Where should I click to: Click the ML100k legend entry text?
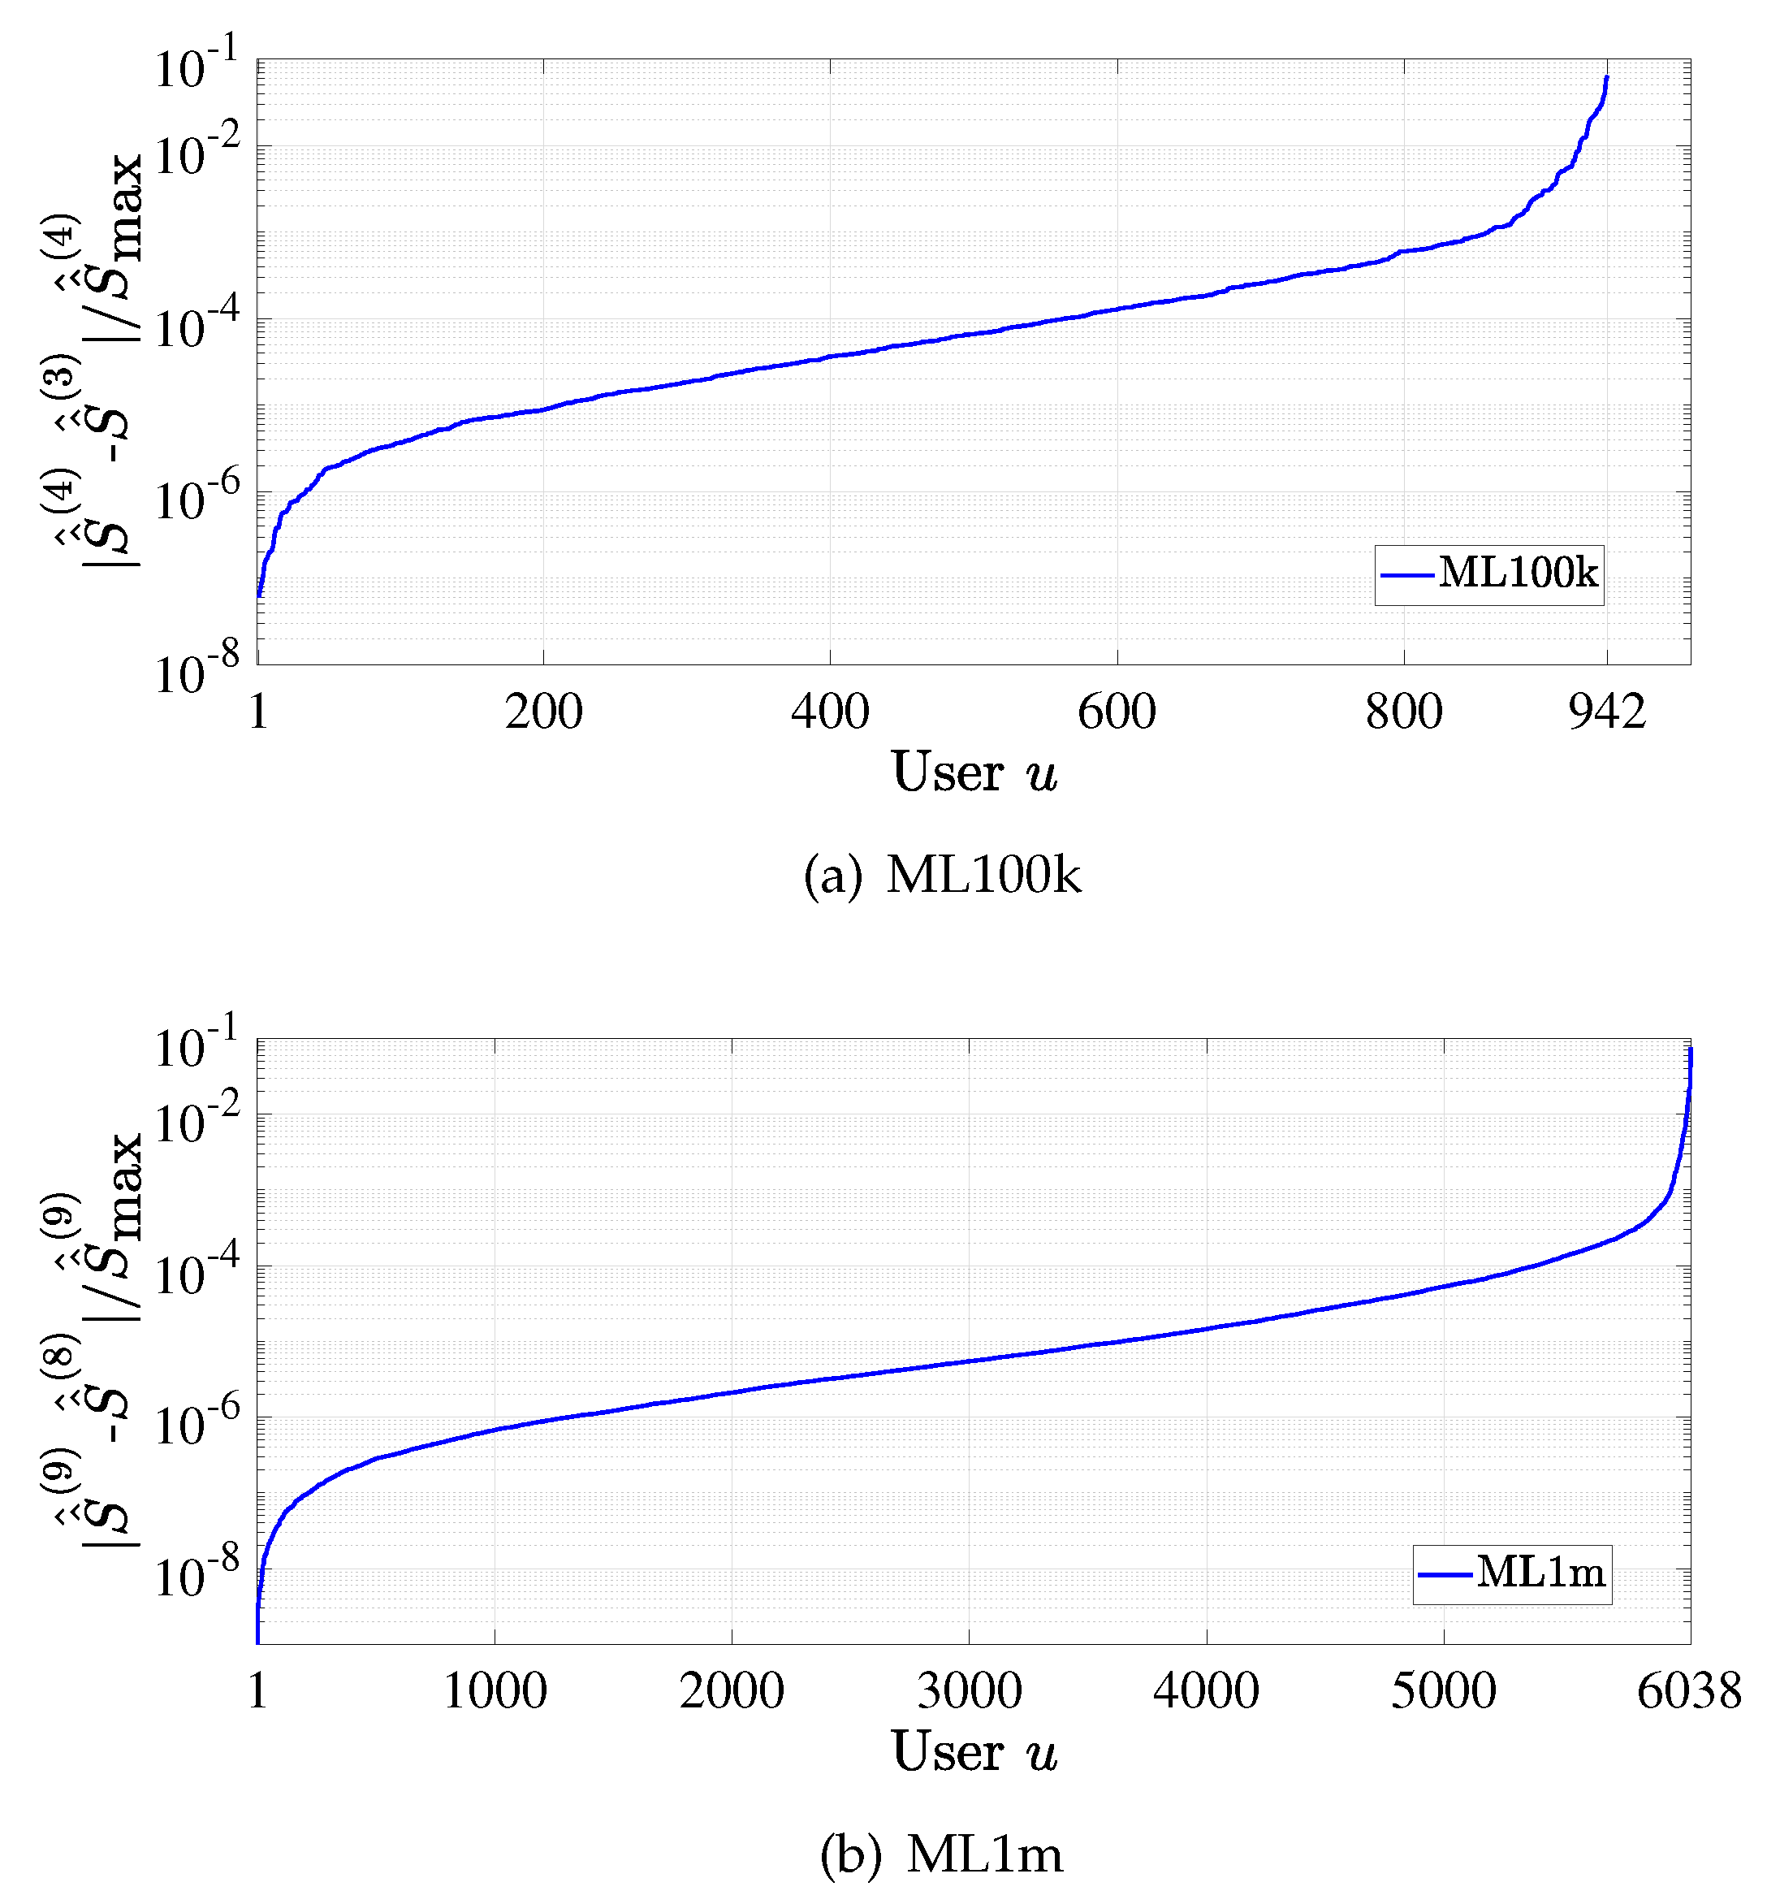(x=1518, y=573)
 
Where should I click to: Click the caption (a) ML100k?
(x=942, y=874)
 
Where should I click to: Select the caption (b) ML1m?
(x=942, y=1854)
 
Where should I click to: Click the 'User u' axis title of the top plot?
(x=974, y=772)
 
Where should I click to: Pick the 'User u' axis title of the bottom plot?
(x=974, y=1752)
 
